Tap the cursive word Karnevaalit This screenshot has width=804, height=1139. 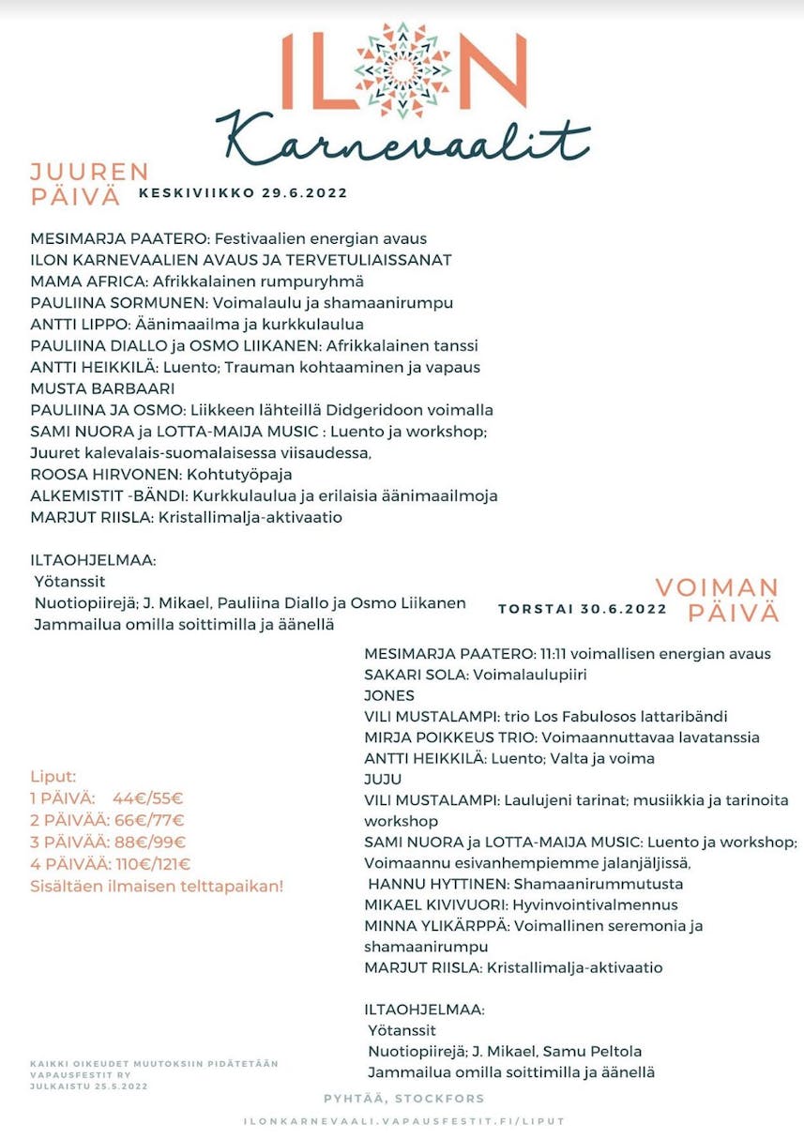[402, 142]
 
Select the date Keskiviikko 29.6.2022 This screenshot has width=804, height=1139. [243, 193]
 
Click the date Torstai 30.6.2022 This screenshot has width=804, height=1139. [583, 608]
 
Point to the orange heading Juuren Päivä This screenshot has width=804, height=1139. [89, 184]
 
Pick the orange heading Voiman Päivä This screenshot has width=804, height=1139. [718, 600]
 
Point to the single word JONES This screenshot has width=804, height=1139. [389, 695]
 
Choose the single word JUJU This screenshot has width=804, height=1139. [383, 779]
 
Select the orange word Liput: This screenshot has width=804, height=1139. [53, 777]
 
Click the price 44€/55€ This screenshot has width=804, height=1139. [148, 798]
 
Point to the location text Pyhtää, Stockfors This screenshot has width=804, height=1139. [404, 1098]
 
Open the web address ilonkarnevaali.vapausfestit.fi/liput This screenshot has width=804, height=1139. [404, 1121]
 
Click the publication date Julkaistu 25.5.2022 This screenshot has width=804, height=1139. [88, 1086]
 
